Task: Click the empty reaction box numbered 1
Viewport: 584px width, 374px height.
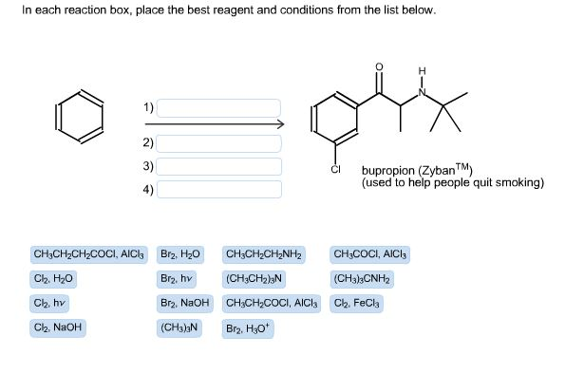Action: (x=219, y=107)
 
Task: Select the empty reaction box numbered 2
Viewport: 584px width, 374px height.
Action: (x=219, y=143)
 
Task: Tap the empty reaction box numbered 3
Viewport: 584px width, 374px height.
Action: (x=219, y=166)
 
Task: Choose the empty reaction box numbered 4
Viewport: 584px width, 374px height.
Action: (x=219, y=189)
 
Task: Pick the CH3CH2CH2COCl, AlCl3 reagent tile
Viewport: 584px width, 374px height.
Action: (x=88, y=254)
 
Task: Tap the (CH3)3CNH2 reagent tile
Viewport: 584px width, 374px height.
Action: (x=362, y=279)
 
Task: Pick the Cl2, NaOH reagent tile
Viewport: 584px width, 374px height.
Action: (x=58, y=328)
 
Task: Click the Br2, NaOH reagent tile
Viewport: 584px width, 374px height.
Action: (x=183, y=304)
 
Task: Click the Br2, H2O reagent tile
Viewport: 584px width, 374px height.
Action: (x=180, y=254)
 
